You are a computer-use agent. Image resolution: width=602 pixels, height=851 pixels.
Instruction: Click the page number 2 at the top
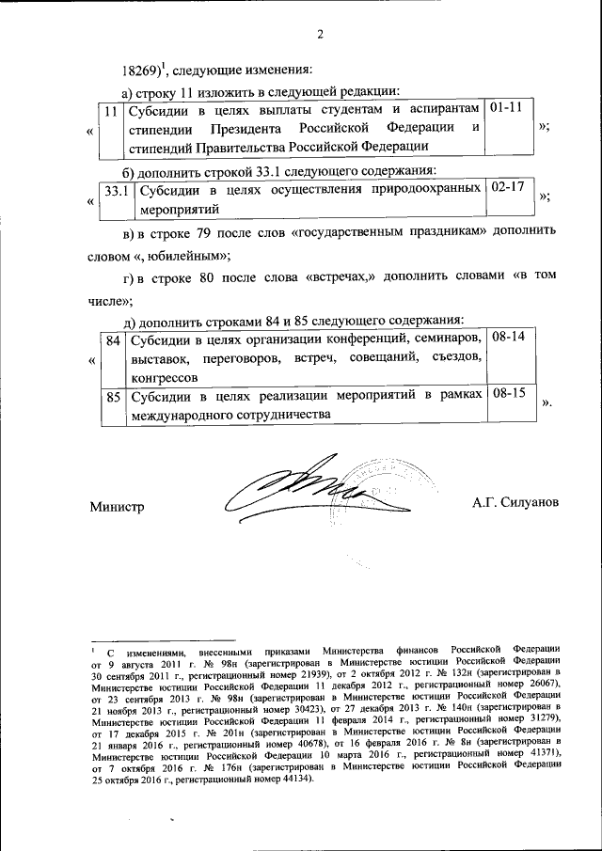pos(320,36)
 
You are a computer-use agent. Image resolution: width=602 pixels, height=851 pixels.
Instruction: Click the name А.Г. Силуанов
pos(516,503)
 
